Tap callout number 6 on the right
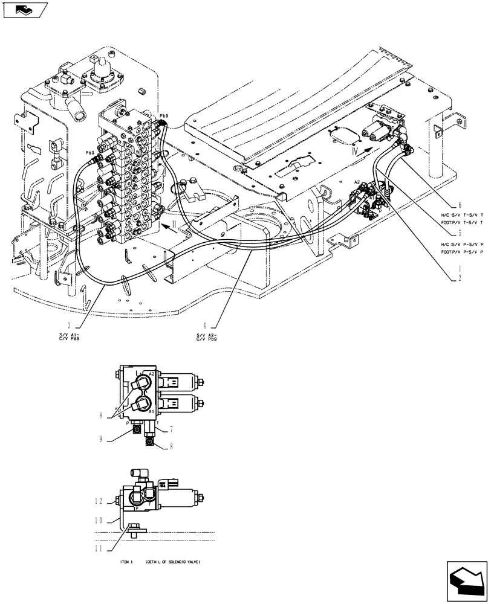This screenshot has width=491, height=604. point(460,205)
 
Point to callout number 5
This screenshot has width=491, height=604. point(460,232)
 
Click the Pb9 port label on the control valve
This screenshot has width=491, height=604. point(163,115)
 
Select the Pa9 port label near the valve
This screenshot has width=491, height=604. point(89,153)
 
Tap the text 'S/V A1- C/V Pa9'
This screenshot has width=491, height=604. point(70,336)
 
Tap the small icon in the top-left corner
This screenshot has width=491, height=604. point(24,10)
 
